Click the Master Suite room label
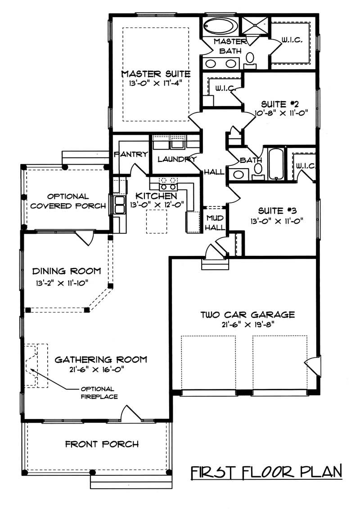(156, 74)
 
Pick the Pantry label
(131, 154)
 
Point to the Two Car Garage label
(247, 314)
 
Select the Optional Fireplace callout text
(99, 393)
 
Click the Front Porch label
(102, 444)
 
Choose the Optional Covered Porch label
(67, 201)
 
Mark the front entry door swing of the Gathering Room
(129, 413)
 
